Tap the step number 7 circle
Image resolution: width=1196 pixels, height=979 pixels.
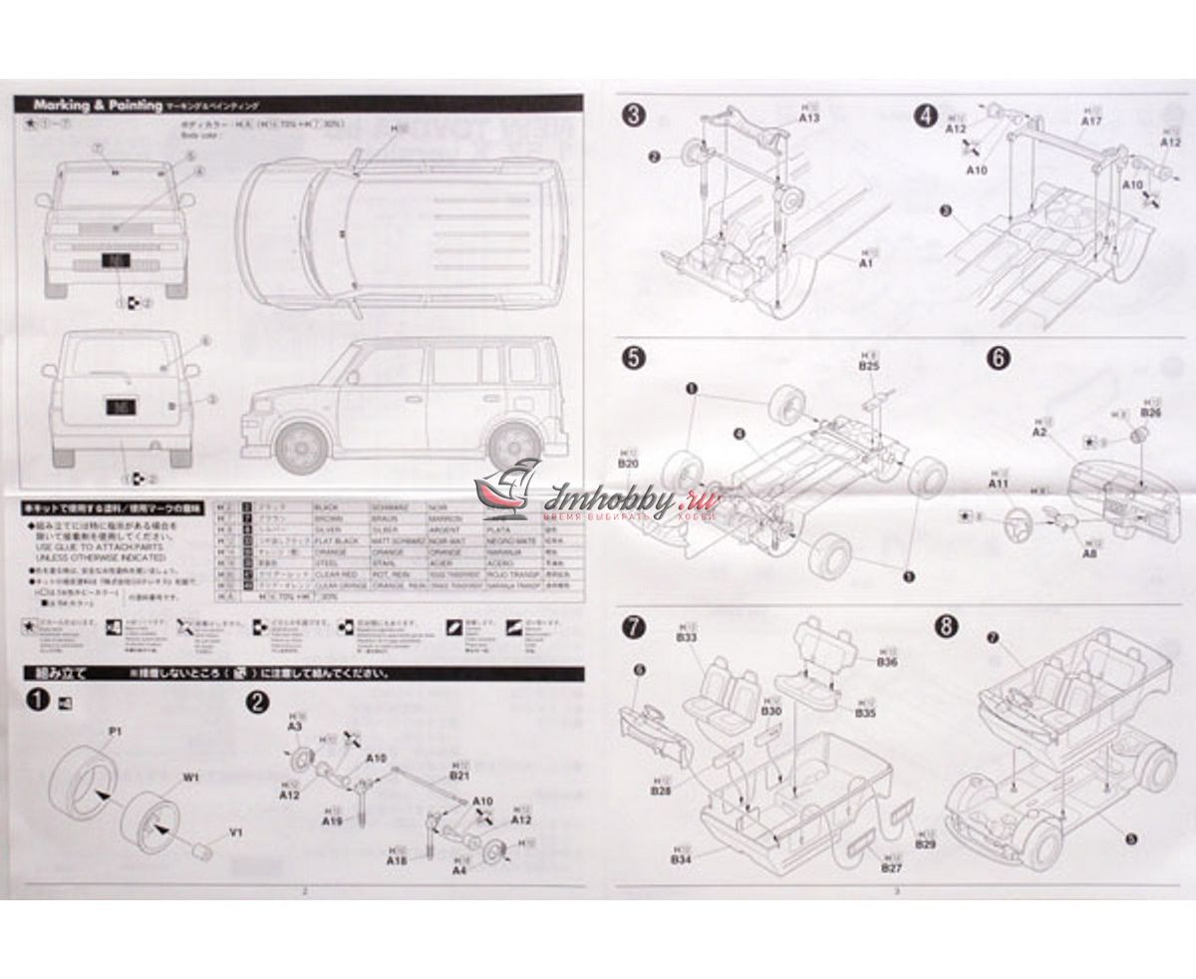[x=632, y=627]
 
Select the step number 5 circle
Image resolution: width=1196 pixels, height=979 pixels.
[x=632, y=357]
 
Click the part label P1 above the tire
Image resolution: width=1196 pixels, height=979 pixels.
[x=115, y=732]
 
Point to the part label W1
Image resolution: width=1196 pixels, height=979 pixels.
[x=190, y=776]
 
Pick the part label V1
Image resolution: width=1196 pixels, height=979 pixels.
[x=235, y=832]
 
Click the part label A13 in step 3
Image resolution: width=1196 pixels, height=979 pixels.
[x=808, y=117]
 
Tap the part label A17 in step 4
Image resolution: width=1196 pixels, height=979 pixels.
[x=1090, y=122]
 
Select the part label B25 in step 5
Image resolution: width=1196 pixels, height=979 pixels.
[x=868, y=366]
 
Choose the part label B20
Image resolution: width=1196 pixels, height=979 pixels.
[x=627, y=465]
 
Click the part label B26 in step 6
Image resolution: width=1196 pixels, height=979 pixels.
[x=1150, y=412]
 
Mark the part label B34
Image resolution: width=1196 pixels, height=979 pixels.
[x=682, y=858]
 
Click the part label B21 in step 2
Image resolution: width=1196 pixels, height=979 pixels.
[x=458, y=775]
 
